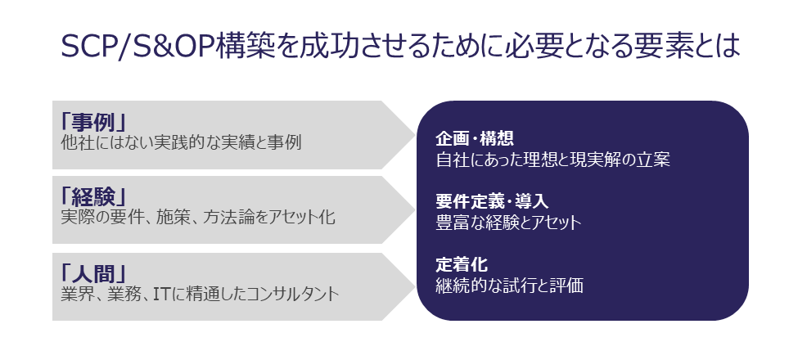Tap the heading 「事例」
93,121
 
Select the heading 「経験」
93,196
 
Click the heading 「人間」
93,272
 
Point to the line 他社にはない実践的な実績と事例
181,142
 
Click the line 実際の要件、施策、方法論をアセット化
197,218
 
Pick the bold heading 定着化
461,265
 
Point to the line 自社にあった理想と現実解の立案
552,160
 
